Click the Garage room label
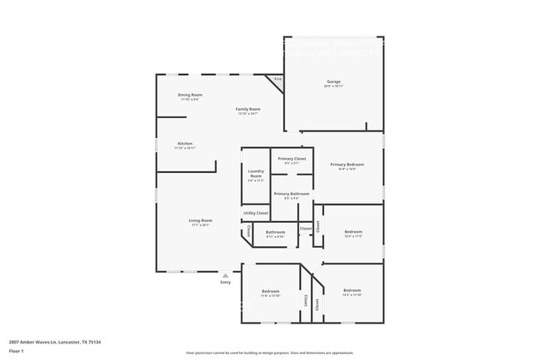(333, 81)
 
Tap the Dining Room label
(190, 95)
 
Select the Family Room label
(248, 109)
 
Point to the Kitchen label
(184, 143)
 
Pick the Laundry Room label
(256, 173)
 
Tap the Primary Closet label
(292, 158)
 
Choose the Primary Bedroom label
(347, 165)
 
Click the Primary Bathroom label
(292, 194)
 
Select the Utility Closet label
(256, 213)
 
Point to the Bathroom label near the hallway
(275, 232)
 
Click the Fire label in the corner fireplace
(278, 79)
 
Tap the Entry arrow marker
(225, 274)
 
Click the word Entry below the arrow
(225, 283)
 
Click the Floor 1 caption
(17, 351)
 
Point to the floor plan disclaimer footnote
(269, 353)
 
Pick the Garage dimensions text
(333, 86)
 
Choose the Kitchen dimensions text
(184, 148)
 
